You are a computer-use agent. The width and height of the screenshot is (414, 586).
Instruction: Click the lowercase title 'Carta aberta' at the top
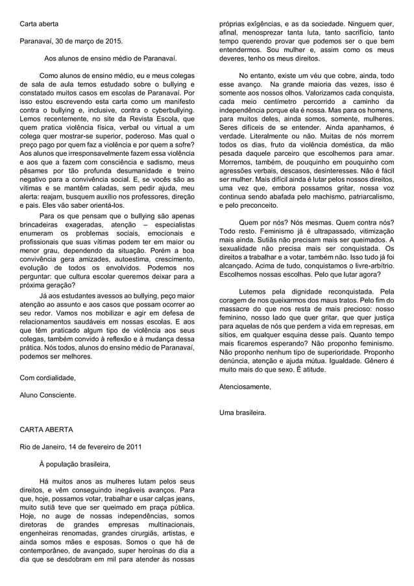38,25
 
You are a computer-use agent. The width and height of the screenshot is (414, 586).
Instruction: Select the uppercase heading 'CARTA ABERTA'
47,430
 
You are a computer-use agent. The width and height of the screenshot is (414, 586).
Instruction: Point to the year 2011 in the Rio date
127,447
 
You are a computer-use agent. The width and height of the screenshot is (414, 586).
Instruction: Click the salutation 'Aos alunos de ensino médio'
110,58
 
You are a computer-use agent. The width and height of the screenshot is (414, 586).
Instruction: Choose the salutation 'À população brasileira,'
75,464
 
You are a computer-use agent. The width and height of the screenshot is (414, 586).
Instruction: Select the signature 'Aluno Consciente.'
47,395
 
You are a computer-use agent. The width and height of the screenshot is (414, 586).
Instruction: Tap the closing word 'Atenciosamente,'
245,387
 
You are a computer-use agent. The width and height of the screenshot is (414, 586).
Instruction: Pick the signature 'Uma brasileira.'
243,412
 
